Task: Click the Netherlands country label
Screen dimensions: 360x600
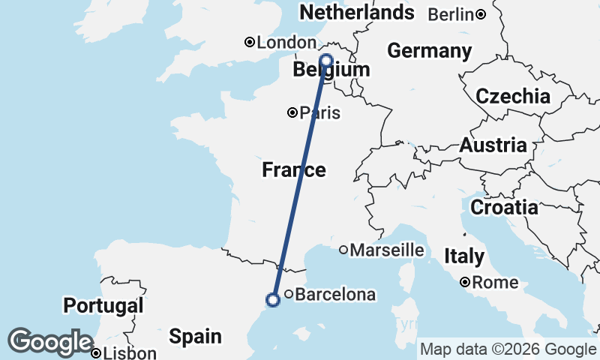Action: point(356,13)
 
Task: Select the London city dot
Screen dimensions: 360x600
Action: point(250,43)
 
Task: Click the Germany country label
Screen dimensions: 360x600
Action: point(429,51)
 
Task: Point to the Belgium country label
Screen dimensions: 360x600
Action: point(331,70)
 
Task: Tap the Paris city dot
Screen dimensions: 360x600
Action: point(292,113)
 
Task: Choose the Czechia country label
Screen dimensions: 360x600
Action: point(513,96)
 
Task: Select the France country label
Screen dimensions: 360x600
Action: point(294,170)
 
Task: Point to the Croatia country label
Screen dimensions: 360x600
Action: point(504,207)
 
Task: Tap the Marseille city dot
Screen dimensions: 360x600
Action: point(343,250)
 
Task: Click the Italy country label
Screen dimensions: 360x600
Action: point(464,256)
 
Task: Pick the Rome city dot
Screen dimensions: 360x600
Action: point(466,283)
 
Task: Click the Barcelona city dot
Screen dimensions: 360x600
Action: point(289,295)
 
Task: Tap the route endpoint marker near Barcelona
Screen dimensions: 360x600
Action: point(273,300)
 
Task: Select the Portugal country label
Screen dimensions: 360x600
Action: point(103,306)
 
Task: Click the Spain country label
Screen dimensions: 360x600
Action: point(194,337)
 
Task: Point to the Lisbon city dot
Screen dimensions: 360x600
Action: point(96,353)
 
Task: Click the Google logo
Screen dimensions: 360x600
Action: point(50,342)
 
